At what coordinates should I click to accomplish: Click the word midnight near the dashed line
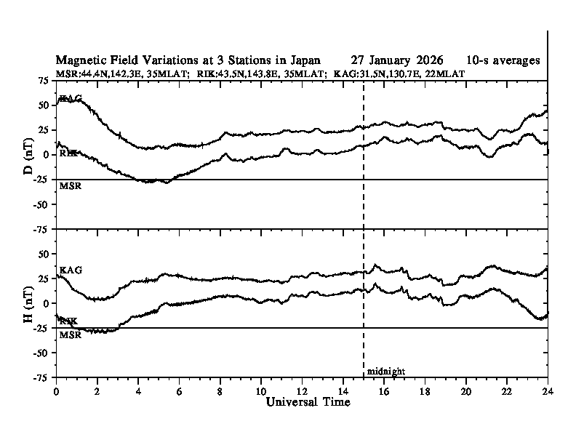coord(385,372)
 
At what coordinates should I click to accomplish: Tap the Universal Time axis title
coord(308,402)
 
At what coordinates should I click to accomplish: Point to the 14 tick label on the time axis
coord(343,390)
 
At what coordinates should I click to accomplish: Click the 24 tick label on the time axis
coord(547,390)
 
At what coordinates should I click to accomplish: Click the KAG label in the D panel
coord(71,98)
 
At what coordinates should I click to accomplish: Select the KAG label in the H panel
coord(71,270)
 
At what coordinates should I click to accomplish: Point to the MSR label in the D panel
coord(69,186)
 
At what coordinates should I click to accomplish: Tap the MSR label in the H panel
coord(69,334)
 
